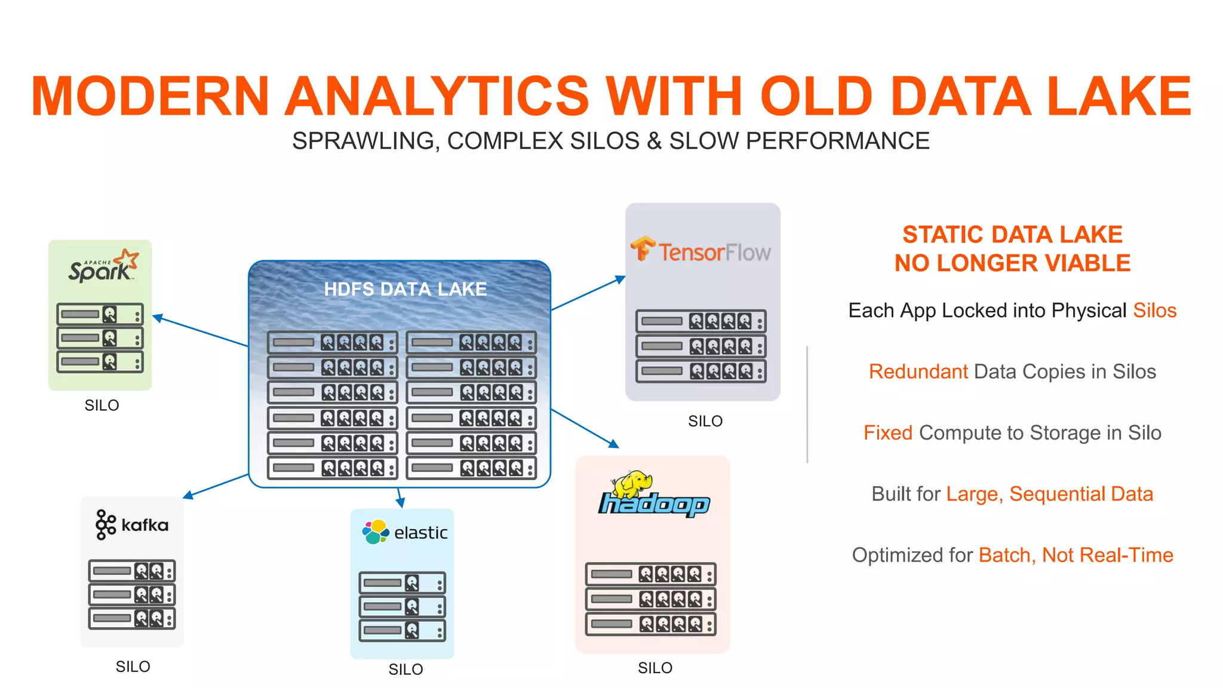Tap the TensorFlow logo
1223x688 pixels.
click(x=701, y=251)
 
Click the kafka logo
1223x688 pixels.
click(x=131, y=525)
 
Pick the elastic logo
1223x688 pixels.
click(x=404, y=532)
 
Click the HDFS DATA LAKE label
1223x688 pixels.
click(x=405, y=289)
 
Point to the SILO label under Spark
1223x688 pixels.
click(x=102, y=406)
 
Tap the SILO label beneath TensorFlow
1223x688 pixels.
click(x=705, y=422)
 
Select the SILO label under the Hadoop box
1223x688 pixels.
click(x=654, y=668)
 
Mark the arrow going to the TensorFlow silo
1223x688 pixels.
click(x=588, y=293)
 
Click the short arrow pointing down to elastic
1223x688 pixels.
click(x=400, y=499)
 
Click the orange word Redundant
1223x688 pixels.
click(x=918, y=371)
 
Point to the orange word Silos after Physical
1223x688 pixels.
click(x=1154, y=311)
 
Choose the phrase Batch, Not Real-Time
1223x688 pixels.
click(x=1075, y=555)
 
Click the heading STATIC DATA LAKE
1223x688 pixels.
click(x=1012, y=235)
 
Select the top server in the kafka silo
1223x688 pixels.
click(x=131, y=571)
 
